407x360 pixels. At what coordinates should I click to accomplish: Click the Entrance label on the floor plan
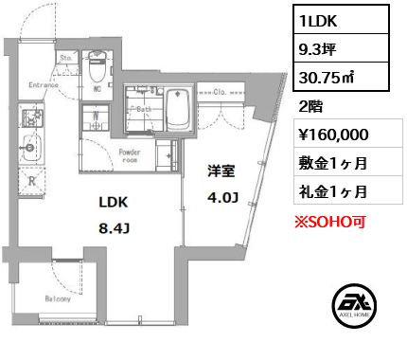pos(44,84)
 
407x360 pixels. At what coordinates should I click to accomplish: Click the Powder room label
pos(130,156)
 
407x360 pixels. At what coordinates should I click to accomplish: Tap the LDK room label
pos(112,202)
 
